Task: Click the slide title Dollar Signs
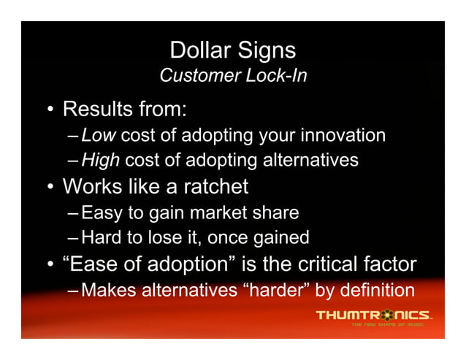click(232, 50)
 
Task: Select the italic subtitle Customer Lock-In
click(232, 76)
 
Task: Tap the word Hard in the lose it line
click(102, 237)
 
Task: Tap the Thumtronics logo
click(373, 315)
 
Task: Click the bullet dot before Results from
click(49, 111)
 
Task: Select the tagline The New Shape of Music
click(388, 324)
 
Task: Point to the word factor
click(389, 264)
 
